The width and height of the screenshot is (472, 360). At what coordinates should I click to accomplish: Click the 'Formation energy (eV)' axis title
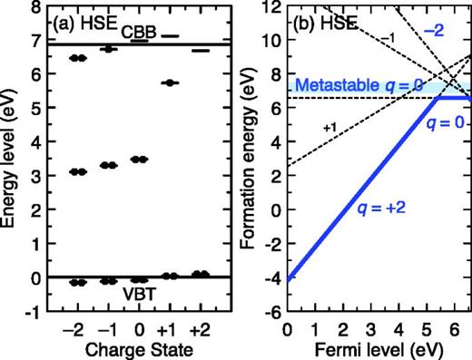pos(250,161)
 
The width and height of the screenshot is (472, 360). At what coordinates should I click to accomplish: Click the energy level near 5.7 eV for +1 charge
pos(170,83)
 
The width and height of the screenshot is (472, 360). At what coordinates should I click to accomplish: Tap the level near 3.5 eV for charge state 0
pos(139,159)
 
